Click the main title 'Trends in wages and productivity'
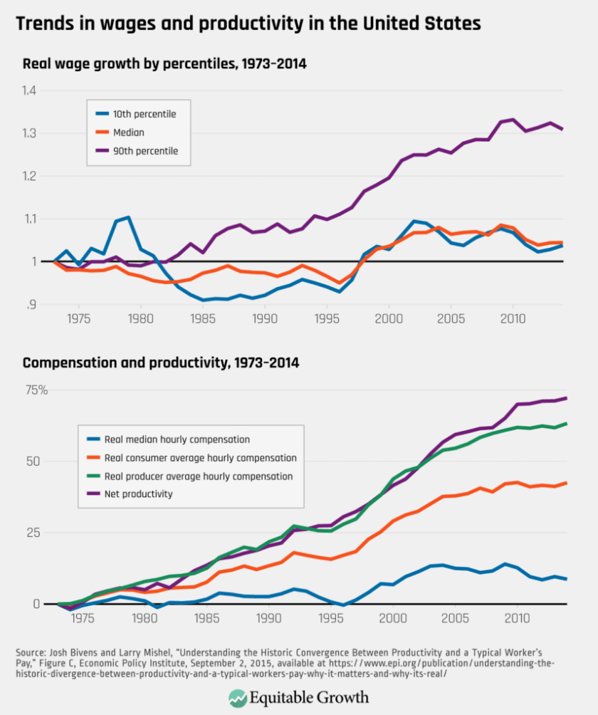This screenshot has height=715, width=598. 248,24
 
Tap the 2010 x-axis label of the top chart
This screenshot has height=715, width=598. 513,318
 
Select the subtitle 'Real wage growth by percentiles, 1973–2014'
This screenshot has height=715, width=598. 164,64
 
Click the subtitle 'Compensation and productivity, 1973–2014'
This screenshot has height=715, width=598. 161,363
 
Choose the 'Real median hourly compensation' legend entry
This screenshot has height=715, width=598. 177,439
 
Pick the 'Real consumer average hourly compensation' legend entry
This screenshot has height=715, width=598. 200,458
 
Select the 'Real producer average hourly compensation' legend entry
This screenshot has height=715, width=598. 199,476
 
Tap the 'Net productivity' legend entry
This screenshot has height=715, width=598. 139,494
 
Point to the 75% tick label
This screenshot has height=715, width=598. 35,390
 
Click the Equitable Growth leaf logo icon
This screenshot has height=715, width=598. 237,698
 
